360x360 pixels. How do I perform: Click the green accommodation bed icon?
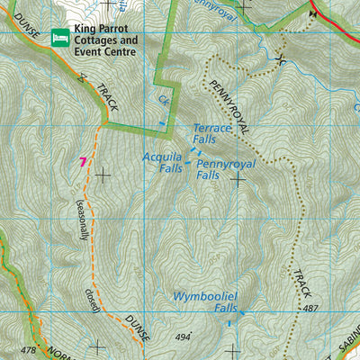(x=61, y=37)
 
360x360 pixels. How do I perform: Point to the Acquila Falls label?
(x=163, y=161)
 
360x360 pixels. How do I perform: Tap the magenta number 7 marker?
(x=82, y=161)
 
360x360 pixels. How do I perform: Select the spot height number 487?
(x=312, y=309)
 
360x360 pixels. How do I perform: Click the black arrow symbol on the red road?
(x=314, y=12)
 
